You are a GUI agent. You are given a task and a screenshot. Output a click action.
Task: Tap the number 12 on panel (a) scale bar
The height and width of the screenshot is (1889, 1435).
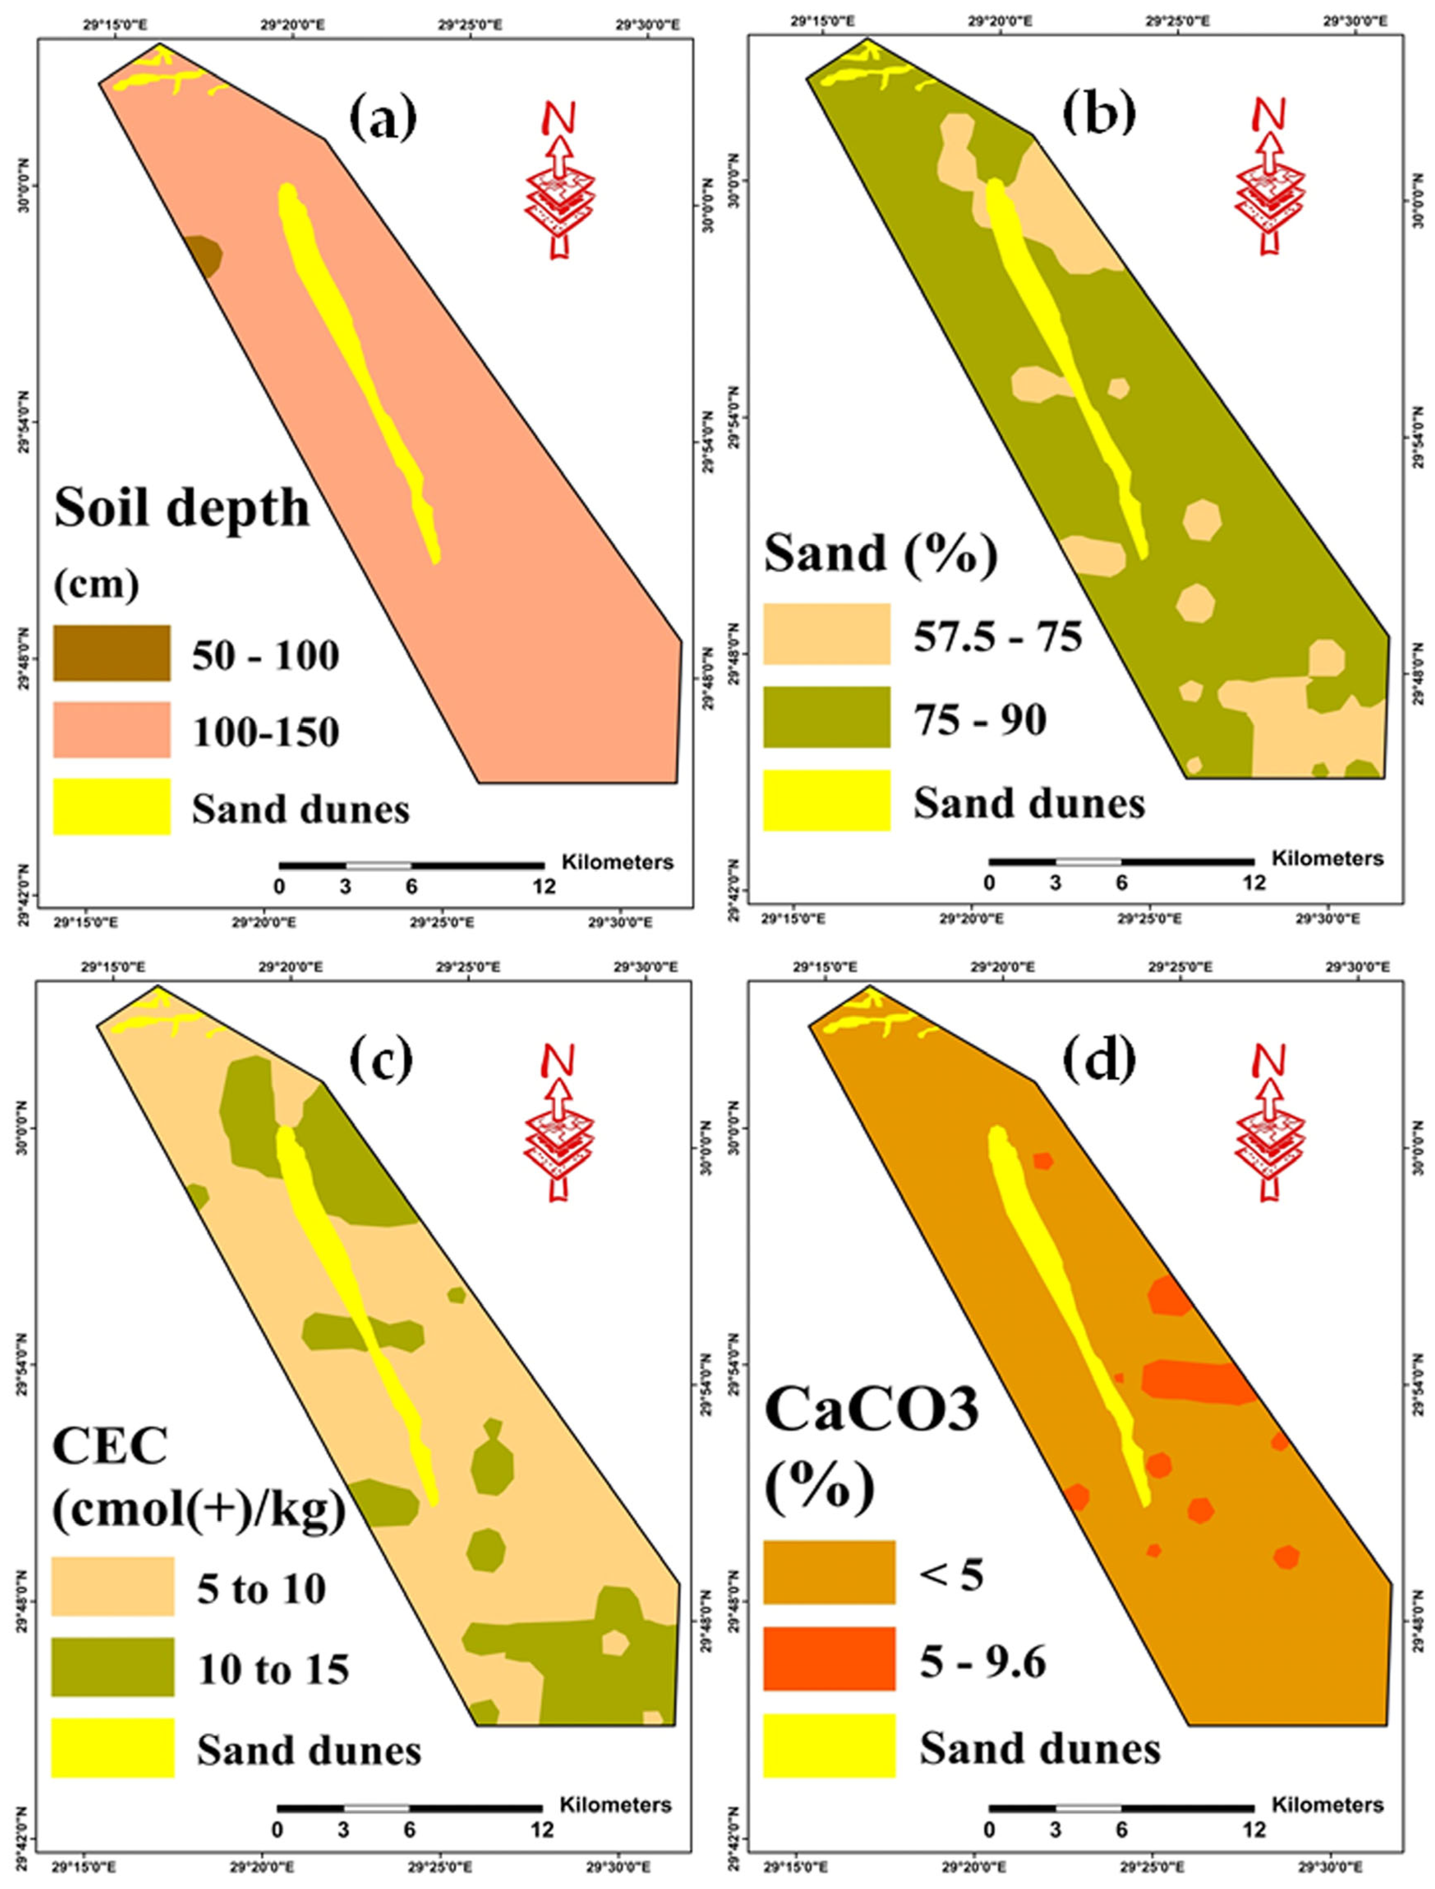[x=544, y=887]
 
